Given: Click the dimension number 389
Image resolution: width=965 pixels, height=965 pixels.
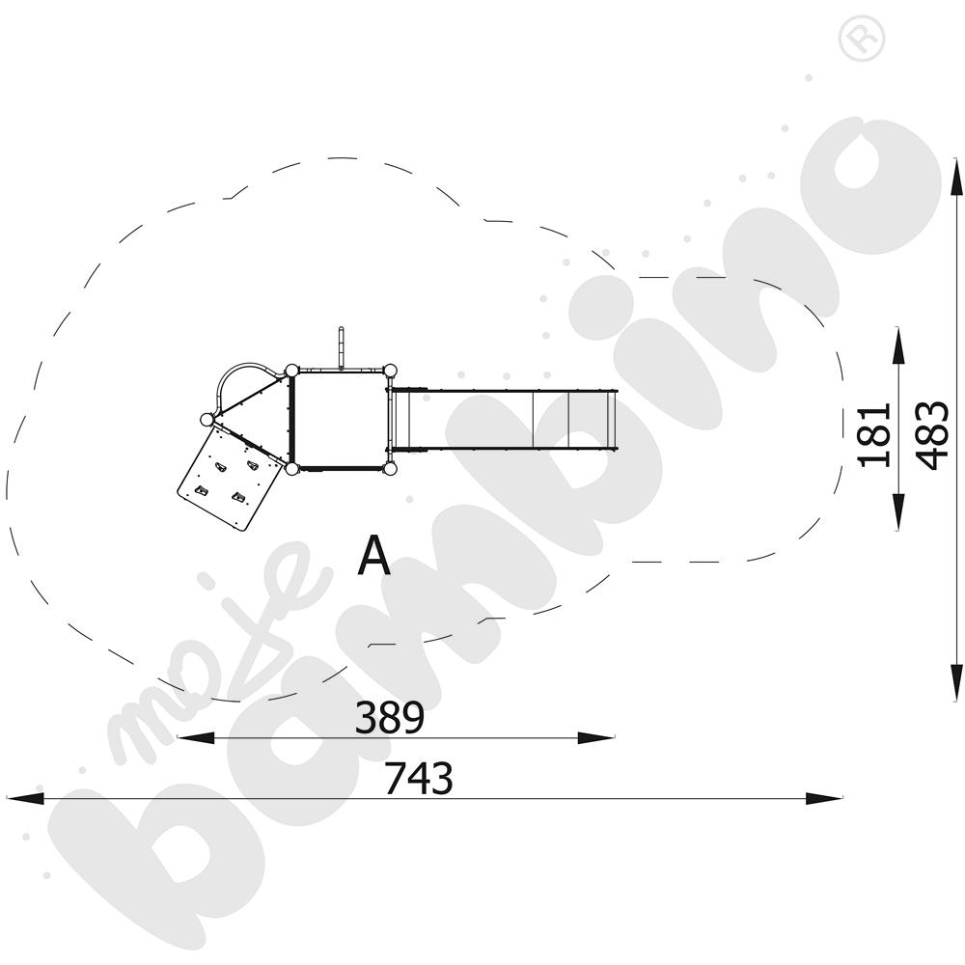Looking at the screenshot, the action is [390, 717].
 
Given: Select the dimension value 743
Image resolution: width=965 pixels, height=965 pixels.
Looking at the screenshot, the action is [419, 778].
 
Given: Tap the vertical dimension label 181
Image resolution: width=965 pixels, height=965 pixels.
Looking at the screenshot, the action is [875, 435].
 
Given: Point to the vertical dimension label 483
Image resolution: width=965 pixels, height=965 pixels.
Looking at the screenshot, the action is [932, 435].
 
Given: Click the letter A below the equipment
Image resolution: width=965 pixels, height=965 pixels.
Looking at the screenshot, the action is [374, 555].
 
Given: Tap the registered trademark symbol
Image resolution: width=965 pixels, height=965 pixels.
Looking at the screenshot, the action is [861, 39].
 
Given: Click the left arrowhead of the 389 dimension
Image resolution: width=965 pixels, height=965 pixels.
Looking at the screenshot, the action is [196, 737].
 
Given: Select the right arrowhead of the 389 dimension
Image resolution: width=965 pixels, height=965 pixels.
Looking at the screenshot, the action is [595, 737].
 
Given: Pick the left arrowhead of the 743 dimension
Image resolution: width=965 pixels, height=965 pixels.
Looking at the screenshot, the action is [25, 798].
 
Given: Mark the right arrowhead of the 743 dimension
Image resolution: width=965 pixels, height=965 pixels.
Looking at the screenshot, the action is [823, 798].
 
